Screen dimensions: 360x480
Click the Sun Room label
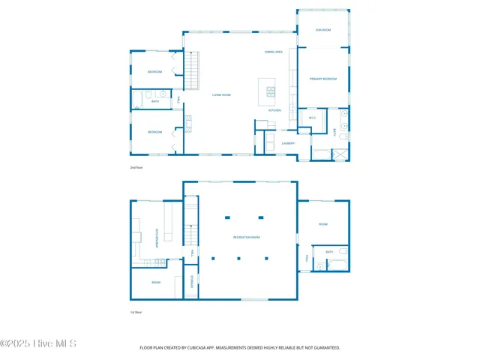(x=323, y=29)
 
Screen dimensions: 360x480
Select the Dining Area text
(x=273, y=52)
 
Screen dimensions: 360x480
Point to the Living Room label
(x=220, y=94)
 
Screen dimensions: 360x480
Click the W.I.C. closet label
(x=312, y=117)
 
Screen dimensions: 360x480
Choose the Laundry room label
(x=288, y=142)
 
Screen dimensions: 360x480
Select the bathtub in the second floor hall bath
(x=138, y=100)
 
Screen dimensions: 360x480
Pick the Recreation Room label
(x=246, y=238)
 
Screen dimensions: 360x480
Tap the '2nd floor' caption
(x=136, y=167)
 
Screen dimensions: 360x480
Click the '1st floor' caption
(x=136, y=312)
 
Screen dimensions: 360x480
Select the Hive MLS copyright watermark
(x=39, y=344)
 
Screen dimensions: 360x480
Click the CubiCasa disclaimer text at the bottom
(x=240, y=347)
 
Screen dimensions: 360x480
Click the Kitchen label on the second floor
(x=274, y=110)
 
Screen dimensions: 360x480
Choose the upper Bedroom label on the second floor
(x=154, y=71)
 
